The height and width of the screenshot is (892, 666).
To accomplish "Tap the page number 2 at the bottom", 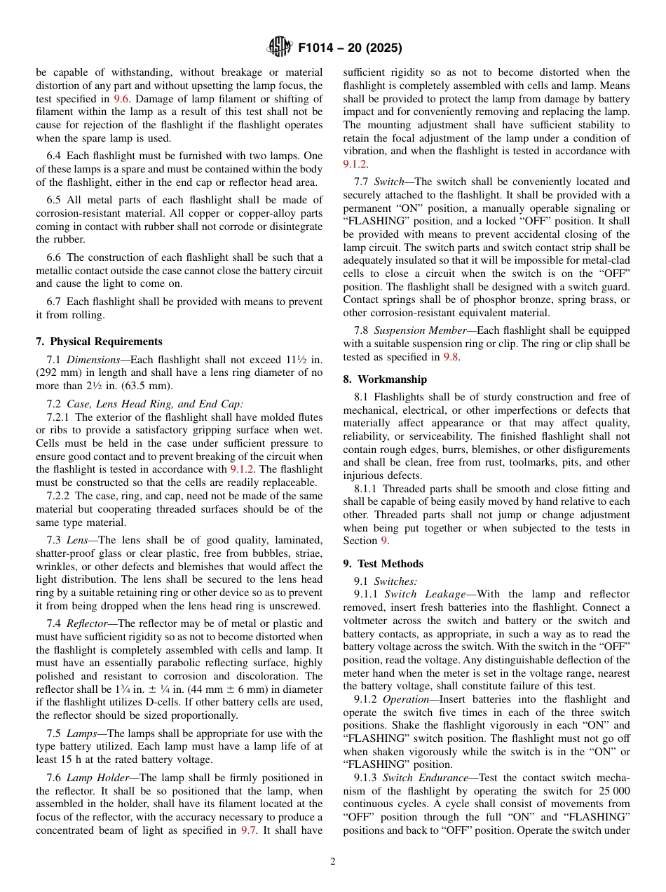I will pyautogui.click(x=333, y=862).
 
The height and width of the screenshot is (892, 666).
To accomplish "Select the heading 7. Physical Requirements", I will pyautogui.click(x=99, y=342).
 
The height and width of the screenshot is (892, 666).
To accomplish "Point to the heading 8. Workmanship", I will pyautogui.click(x=385, y=379).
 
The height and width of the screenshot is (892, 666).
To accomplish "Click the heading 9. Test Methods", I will pyautogui.click(x=383, y=564).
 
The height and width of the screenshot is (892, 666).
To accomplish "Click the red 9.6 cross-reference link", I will pyautogui.click(x=121, y=99).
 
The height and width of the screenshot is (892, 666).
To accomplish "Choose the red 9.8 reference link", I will pyautogui.click(x=451, y=357).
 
